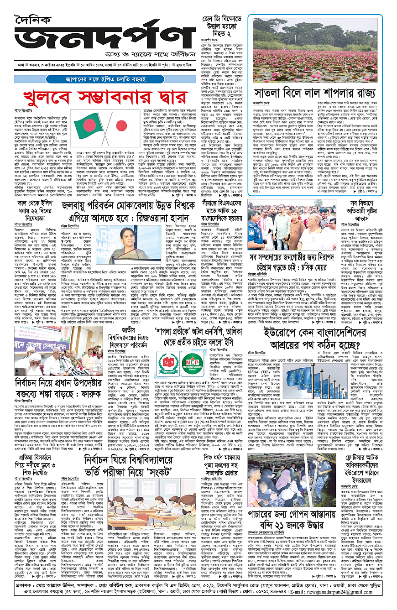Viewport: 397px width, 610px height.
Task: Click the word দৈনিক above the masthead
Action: pos(34,15)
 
